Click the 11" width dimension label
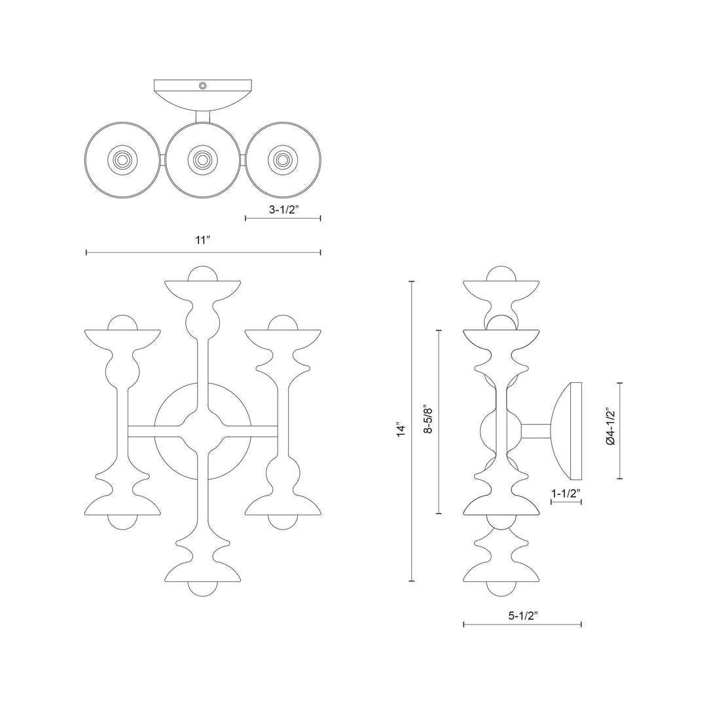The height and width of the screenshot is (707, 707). click(203, 240)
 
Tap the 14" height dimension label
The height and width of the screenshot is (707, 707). click(400, 430)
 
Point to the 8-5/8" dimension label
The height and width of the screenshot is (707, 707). click(427, 422)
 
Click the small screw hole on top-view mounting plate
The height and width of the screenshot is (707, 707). click(203, 86)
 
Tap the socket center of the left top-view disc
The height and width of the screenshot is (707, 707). click(122, 159)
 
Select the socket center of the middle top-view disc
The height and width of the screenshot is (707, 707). click(203, 159)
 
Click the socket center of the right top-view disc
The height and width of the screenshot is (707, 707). click(283, 159)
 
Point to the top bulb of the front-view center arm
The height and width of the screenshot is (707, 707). click(202, 274)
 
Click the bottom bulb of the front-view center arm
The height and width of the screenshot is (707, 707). click(202, 587)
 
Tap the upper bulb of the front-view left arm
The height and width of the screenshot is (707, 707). click(122, 323)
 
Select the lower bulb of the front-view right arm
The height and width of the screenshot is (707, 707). click(283, 521)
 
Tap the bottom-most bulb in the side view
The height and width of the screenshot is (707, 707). click(501, 587)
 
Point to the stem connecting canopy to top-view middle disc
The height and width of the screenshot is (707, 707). click(203, 116)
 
